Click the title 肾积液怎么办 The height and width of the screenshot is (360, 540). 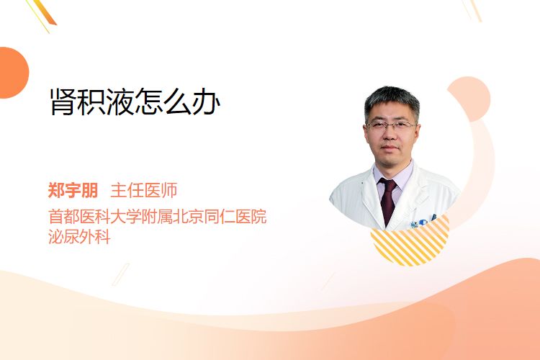tap(135, 102)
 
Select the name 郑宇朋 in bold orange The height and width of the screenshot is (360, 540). tap(73, 190)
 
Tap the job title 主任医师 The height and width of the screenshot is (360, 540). tap(144, 190)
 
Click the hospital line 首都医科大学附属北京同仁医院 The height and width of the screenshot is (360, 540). tap(158, 216)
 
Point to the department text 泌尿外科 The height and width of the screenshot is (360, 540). tap(79, 237)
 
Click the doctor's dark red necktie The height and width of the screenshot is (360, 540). tap(388, 200)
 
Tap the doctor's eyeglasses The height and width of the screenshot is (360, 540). tap(391, 125)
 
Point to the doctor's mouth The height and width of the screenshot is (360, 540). tap(390, 148)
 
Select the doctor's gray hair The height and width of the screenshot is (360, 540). tap(392, 101)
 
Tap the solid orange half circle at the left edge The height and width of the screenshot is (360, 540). tap(13, 73)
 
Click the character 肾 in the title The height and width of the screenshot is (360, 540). tap(63, 102)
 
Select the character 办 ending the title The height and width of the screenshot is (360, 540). tap(207, 102)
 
